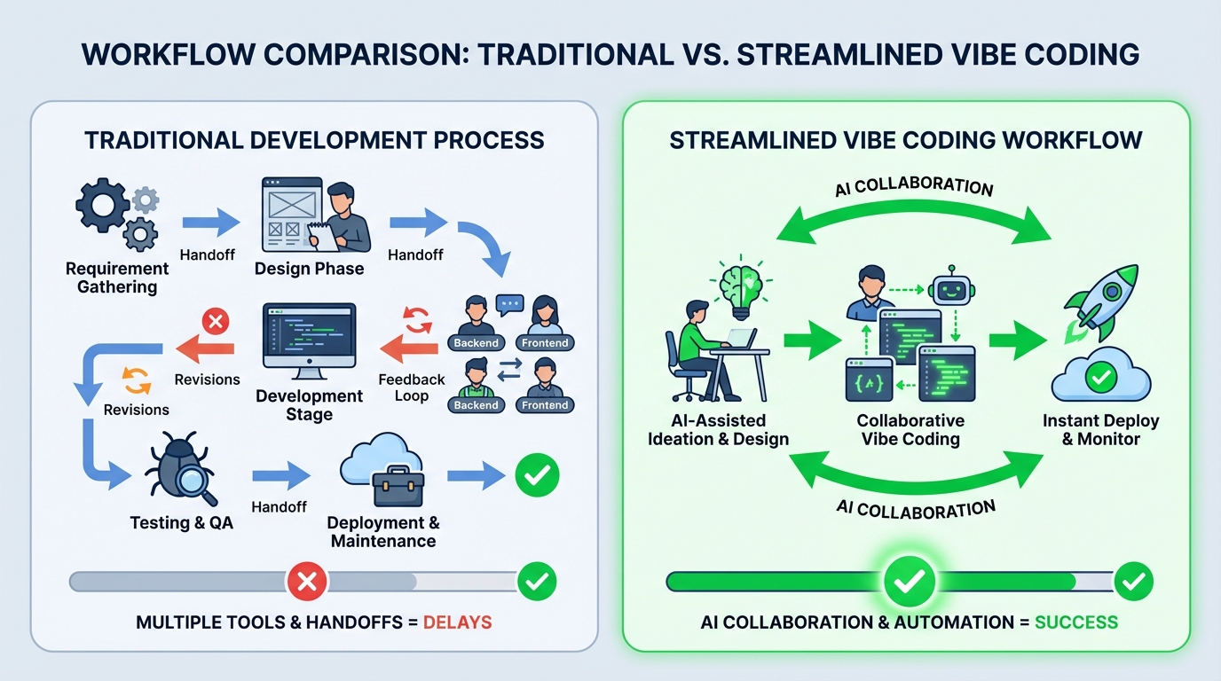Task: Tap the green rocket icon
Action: [1101, 304]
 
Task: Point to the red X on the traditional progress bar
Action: [306, 582]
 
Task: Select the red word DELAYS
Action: [457, 622]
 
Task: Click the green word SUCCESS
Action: [1075, 622]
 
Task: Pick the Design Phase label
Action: [309, 269]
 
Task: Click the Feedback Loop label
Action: [411, 387]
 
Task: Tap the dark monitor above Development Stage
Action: [309, 337]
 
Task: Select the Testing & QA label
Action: [181, 522]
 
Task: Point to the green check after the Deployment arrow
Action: [537, 475]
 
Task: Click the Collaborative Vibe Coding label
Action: [910, 429]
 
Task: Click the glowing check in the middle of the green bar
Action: [908, 582]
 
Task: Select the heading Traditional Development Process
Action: [314, 140]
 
